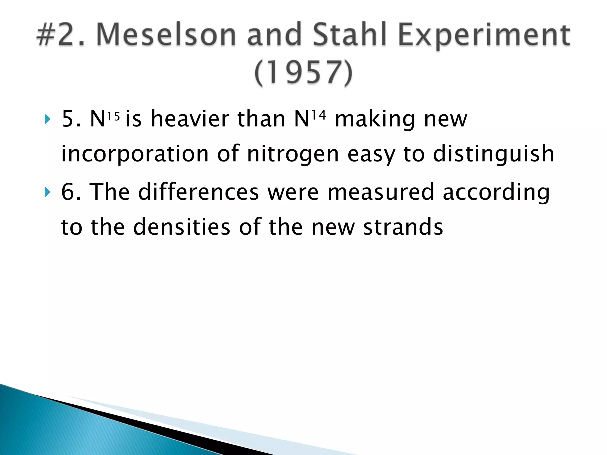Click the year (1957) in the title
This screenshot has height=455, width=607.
click(303, 73)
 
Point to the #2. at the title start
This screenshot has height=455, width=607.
click(61, 35)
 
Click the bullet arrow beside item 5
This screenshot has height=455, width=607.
click(47, 119)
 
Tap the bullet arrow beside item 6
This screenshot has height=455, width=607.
click(47, 192)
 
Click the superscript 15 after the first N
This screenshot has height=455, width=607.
click(114, 116)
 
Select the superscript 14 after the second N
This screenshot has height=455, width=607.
click(319, 115)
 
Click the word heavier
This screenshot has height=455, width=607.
click(190, 119)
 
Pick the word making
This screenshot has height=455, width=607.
click(375, 119)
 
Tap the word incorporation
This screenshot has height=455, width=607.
click(135, 154)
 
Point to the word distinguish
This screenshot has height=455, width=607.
click(493, 154)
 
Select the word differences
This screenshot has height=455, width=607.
click(199, 192)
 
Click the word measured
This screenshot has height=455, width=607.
click(381, 192)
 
